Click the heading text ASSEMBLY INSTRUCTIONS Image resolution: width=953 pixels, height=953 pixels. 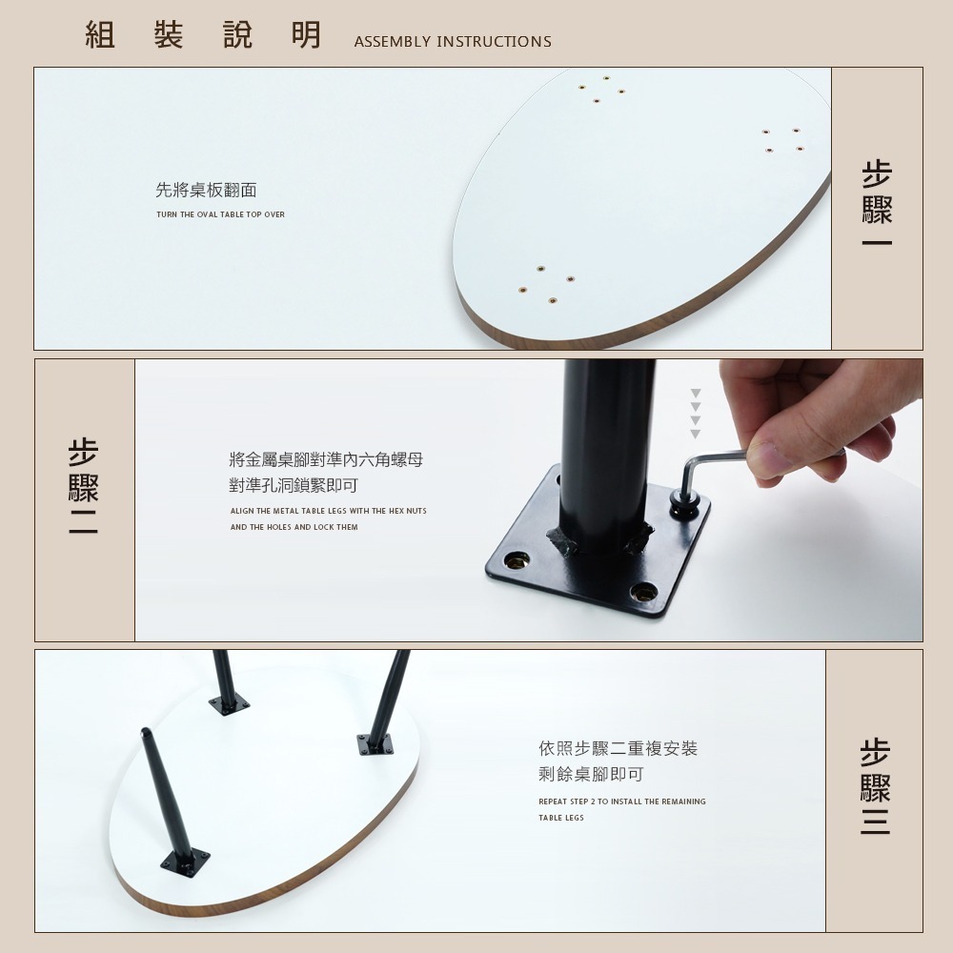click(452, 42)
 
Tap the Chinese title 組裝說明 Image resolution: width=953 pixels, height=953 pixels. click(203, 35)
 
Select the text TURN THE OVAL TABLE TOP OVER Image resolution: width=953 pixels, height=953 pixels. click(220, 214)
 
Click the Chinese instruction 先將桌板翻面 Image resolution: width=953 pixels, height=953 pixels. click(206, 191)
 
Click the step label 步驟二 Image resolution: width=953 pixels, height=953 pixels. click(84, 486)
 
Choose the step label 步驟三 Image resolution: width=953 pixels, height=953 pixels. click(875, 786)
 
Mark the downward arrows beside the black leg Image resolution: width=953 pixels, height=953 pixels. click(696, 413)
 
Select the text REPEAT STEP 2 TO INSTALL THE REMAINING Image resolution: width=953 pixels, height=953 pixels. click(621, 801)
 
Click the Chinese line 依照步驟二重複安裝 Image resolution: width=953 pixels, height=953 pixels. click(618, 749)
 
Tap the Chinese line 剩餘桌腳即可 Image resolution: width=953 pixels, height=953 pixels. click(591, 775)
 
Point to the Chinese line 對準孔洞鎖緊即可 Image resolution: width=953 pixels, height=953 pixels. click(294, 486)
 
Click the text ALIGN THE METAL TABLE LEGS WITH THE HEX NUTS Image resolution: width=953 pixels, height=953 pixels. click(328, 512)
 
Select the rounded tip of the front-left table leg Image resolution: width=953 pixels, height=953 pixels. click(146, 733)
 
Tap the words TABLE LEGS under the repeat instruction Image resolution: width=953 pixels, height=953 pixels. click(560, 818)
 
